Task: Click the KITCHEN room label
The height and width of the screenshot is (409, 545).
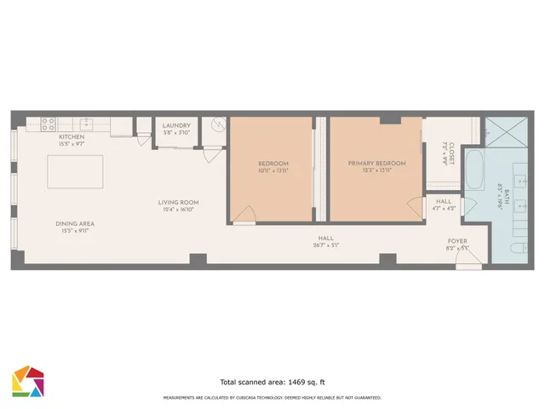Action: tap(70, 137)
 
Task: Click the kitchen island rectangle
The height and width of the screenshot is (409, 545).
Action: tap(76, 171)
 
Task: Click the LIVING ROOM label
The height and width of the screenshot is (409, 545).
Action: tap(178, 202)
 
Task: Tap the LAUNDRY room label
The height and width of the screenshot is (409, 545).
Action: tap(176, 125)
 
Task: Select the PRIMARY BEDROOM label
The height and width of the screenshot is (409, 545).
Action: tap(376, 163)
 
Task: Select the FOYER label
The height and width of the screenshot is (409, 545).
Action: tap(457, 241)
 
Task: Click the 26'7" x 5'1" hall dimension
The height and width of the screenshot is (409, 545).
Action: tap(324, 245)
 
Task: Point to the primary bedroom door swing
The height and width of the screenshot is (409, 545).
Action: tap(416, 207)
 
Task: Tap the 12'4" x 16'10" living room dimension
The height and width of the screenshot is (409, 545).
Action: tap(178, 209)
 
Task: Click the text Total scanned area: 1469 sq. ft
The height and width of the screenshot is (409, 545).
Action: tap(272, 383)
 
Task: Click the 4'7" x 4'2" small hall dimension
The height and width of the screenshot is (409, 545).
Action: tap(444, 207)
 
